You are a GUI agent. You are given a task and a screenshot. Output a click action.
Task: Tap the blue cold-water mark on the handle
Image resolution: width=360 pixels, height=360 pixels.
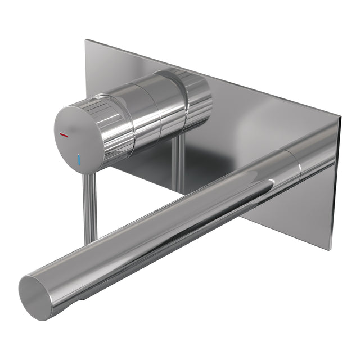point(80,160)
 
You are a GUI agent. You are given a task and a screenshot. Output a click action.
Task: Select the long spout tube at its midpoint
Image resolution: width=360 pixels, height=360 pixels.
point(169,231)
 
